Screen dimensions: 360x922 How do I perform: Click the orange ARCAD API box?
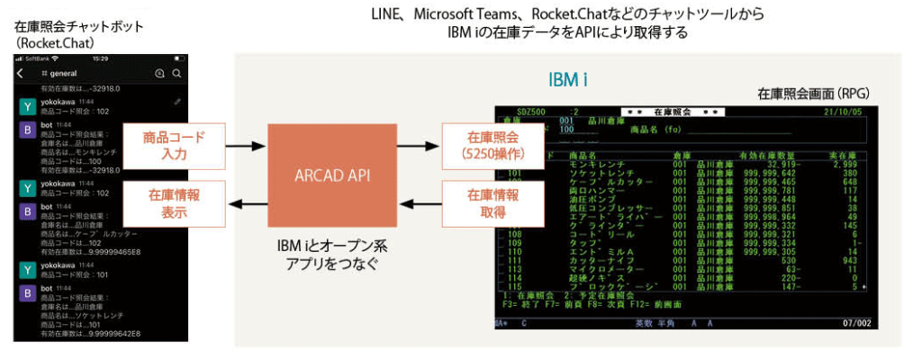click(x=333, y=175)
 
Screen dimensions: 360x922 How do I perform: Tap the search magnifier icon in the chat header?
click(x=177, y=74)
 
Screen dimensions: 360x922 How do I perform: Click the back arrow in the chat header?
click(x=21, y=74)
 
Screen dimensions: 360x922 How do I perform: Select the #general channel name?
click(x=60, y=74)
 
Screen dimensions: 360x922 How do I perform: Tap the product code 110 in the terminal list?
click(x=515, y=250)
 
